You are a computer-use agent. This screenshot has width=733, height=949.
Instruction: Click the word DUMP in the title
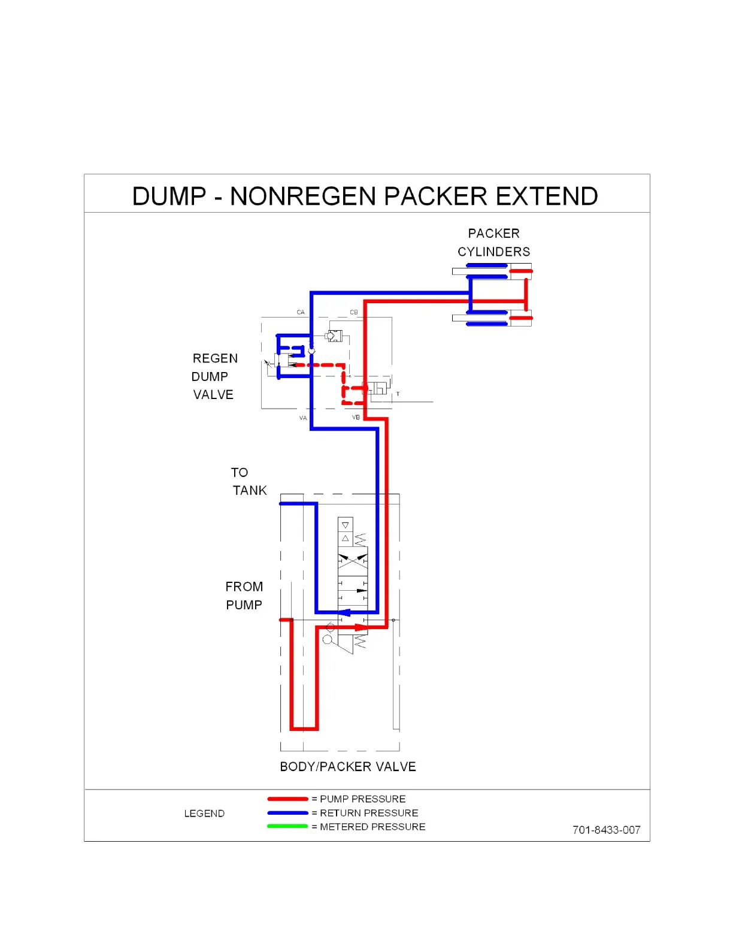coord(169,197)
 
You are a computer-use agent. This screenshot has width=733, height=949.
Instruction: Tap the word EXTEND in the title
coord(547,197)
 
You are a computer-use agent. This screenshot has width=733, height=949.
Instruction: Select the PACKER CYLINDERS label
coord(494,243)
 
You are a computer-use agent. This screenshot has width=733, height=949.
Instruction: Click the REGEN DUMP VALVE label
coord(214,376)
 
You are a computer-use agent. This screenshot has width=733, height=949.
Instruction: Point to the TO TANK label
coord(249,482)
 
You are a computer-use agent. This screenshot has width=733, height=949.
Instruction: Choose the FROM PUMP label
coord(244,596)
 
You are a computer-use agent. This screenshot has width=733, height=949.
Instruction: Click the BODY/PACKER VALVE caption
coord(348,767)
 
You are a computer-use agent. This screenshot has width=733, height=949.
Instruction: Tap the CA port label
coord(301,312)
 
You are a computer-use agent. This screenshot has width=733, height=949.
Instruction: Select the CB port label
coord(354,312)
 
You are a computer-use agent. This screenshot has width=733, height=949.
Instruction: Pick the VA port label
coord(303,418)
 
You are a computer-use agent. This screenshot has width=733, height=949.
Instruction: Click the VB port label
coord(356,417)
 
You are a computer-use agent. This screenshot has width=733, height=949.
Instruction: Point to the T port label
coord(398,394)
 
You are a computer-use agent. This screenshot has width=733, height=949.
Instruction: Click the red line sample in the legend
coord(287,799)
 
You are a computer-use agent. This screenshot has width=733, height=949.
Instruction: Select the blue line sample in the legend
coord(287,813)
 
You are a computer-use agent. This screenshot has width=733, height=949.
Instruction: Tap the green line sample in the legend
coord(287,827)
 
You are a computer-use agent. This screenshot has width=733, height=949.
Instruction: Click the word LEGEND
coord(204,814)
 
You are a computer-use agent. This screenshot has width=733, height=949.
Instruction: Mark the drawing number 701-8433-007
coord(606,830)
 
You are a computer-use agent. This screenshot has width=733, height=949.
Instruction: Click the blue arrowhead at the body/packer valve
coord(344,612)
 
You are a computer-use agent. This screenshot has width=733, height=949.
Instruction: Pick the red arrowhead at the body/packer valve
coord(361,627)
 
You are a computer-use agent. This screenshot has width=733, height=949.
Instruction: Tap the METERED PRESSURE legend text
coord(372,827)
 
